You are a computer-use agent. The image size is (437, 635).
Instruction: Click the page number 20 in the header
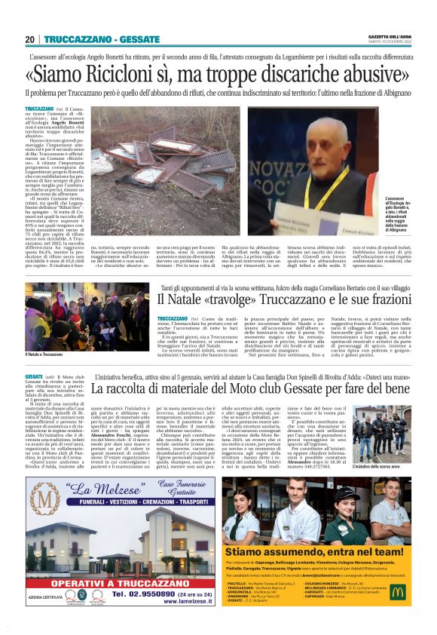(29, 38)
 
